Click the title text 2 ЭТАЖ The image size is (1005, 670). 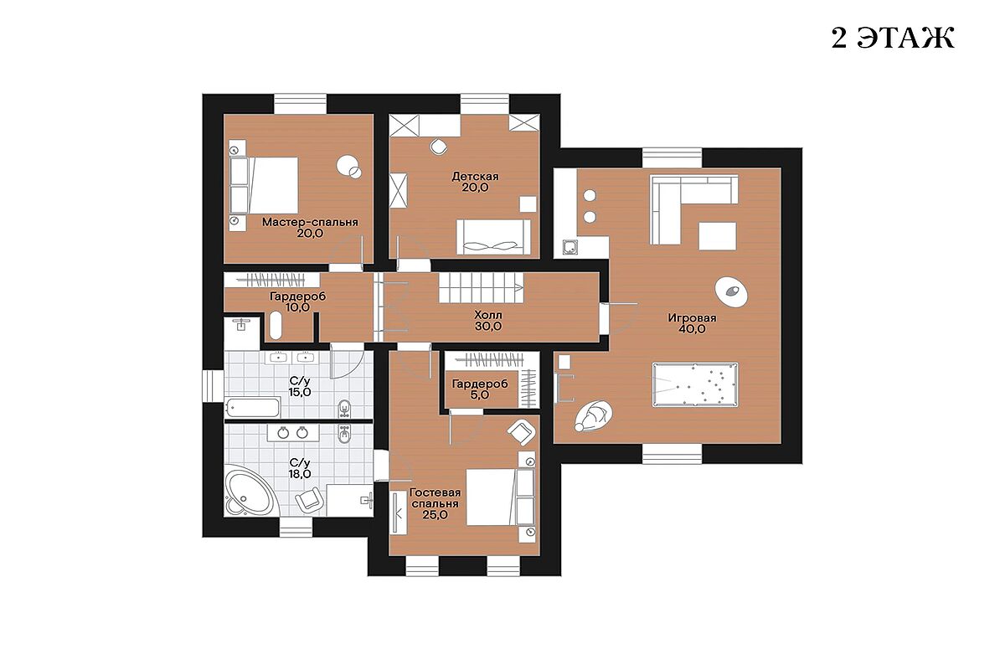[x=893, y=39]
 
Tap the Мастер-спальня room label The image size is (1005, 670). [x=310, y=222]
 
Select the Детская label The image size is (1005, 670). [x=475, y=177]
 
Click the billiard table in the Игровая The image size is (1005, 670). [x=695, y=385]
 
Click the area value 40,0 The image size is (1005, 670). [x=693, y=329]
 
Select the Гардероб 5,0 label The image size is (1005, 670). [x=480, y=389]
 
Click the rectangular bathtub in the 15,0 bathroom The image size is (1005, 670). [x=253, y=407]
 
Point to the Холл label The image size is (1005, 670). [x=488, y=316]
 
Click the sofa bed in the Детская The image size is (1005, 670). [x=493, y=237]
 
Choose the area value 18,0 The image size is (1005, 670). [x=300, y=474]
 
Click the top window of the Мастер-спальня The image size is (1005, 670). [x=300, y=104]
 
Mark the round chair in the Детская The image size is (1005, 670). [x=438, y=147]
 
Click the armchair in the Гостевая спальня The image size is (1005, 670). [x=521, y=431]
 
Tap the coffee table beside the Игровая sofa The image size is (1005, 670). [x=717, y=236]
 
